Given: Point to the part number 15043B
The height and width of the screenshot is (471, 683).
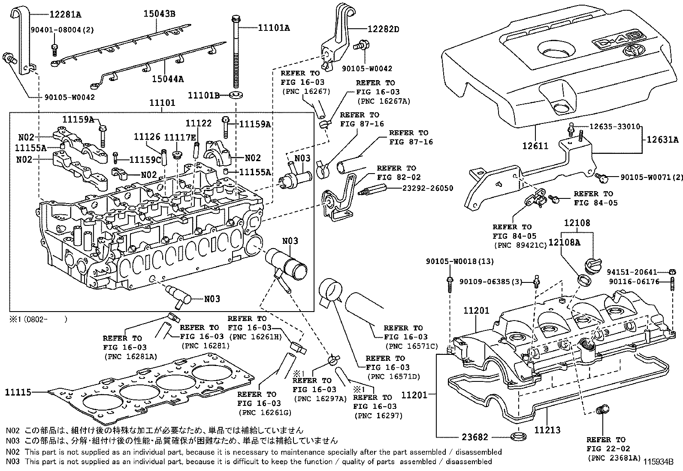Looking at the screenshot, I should (159, 14).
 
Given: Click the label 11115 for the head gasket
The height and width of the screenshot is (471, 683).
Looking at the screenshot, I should (18, 392).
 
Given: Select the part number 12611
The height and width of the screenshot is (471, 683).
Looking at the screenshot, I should (535, 146).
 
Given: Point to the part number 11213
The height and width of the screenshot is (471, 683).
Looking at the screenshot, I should (547, 430).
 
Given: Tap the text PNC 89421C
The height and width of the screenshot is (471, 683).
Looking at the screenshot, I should (520, 245).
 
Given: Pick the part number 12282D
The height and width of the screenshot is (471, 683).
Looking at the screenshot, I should (383, 29).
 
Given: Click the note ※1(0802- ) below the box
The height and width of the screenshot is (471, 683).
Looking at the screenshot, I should (39, 319).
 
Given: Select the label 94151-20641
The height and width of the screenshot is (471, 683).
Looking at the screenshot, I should (632, 272).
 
